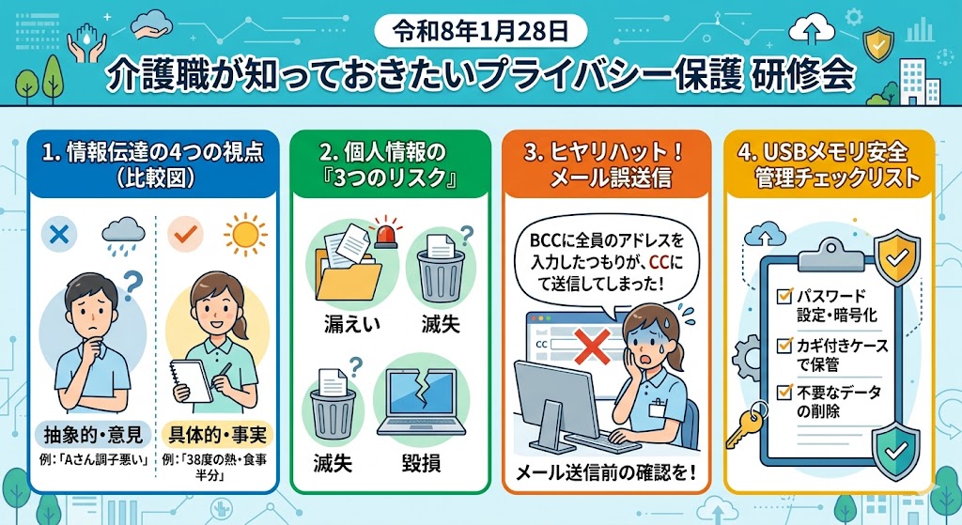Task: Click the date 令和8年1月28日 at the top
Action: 480,31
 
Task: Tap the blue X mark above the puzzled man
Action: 59,234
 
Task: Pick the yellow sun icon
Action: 245,234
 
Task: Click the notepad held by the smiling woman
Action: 191,381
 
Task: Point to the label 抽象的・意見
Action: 93,435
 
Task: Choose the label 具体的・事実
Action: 218,435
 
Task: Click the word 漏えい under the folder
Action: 351,324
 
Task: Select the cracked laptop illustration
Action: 421,402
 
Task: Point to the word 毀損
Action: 421,462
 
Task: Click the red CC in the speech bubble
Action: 659,262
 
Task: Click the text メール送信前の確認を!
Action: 606,472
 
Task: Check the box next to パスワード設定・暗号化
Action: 784,296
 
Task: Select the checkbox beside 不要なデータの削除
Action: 784,392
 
